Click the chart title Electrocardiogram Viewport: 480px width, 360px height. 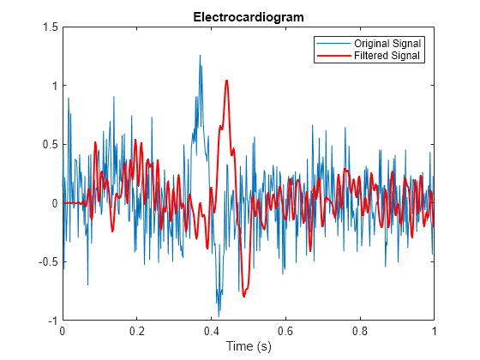[x=249, y=17]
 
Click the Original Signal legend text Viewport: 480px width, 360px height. [x=387, y=44]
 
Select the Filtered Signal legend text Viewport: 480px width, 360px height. [x=387, y=56]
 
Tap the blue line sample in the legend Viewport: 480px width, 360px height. [x=333, y=44]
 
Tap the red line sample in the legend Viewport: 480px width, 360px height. [x=333, y=56]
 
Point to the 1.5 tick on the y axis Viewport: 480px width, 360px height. [x=51, y=27]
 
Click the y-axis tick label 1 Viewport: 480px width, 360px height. [x=55, y=86]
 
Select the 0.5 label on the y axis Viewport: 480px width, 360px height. [x=51, y=145]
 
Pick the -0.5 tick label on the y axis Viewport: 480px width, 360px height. [x=48, y=262]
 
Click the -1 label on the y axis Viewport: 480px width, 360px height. [x=53, y=321]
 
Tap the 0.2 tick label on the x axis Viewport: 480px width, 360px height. [x=137, y=331]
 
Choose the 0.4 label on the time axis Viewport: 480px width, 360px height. [x=211, y=331]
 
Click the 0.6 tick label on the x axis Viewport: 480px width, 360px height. [x=285, y=331]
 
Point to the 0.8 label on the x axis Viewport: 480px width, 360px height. [x=360, y=331]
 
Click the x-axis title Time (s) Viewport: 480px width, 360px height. [x=249, y=346]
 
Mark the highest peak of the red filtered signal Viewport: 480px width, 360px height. [x=227, y=81]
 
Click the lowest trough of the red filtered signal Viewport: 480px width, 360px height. [x=244, y=297]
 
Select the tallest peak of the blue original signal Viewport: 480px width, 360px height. [x=201, y=56]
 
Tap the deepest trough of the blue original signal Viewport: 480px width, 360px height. [x=219, y=316]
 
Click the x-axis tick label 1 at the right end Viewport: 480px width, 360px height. [x=434, y=331]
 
